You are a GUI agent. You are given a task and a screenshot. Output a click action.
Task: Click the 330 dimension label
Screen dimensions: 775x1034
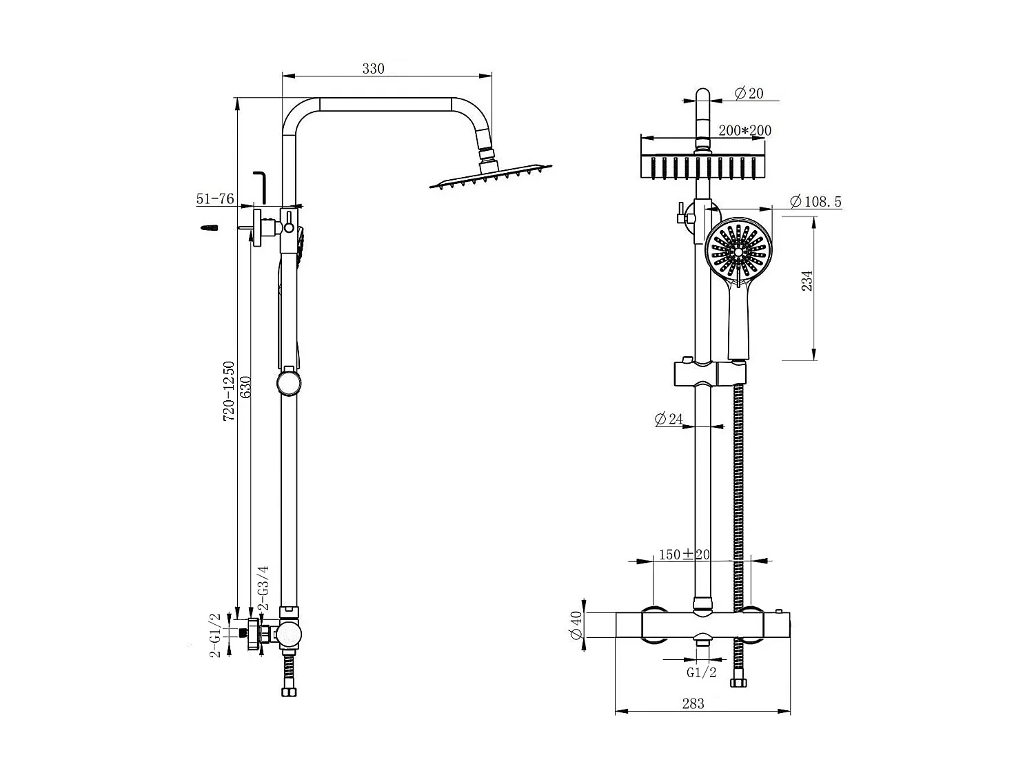click(x=373, y=68)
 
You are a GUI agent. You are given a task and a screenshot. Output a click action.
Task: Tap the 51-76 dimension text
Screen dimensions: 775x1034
click(x=215, y=199)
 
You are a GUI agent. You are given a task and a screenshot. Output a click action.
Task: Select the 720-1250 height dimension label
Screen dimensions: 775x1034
click(x=229, y=391)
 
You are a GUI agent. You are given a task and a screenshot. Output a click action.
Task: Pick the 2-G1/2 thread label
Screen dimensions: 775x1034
click(x=215, y=634)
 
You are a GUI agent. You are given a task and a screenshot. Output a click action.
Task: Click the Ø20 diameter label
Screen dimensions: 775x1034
click(x=749, y=93)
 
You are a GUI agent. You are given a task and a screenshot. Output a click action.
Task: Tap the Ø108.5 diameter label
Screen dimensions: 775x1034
click(x=815, y=202)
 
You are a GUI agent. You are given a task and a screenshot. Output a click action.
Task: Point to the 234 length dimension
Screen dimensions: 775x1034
click(x=808, y=280)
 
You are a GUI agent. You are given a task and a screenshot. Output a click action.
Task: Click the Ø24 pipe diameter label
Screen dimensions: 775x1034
click(x=668, y=419)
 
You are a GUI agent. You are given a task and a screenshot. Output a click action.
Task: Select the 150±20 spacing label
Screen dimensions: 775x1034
click(x=684, y=555)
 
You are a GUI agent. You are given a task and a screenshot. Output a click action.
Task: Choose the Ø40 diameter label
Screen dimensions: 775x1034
click(x=577, y=626)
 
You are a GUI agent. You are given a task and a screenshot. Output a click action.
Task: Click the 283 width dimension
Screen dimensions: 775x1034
click(x=693, y=703)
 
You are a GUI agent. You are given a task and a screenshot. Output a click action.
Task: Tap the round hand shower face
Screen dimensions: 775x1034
click(x=738, y=253)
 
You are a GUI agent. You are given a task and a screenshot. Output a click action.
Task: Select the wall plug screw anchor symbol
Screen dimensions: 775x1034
click(x=209, y=228)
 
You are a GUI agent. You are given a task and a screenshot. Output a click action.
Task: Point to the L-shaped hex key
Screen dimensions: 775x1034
click(x=261, y=187)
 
